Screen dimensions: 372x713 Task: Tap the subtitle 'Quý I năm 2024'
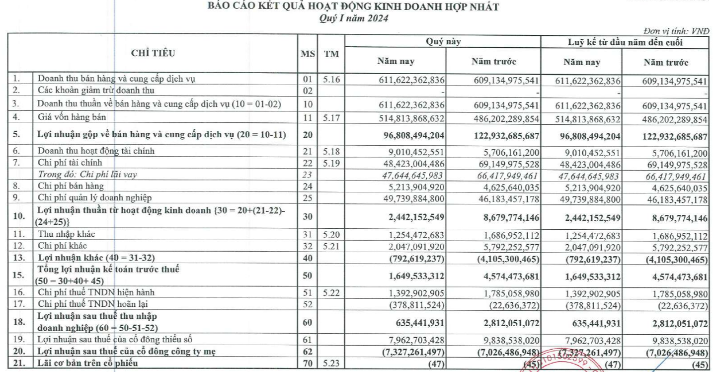pyautogui.click(x=353, y=18)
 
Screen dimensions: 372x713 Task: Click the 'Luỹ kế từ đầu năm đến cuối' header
pyautogui.click(x=625, y=42)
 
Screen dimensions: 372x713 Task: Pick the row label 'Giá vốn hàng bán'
pyautogui.click(x=70, y=117)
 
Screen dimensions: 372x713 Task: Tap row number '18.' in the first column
pyautogui.click(x=19, y=322)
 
